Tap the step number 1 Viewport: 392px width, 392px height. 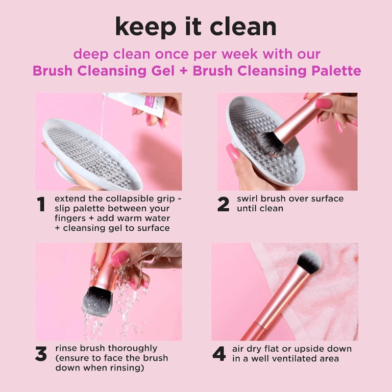42,205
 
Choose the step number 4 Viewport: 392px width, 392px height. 219,354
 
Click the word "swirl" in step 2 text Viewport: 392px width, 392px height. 248,199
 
